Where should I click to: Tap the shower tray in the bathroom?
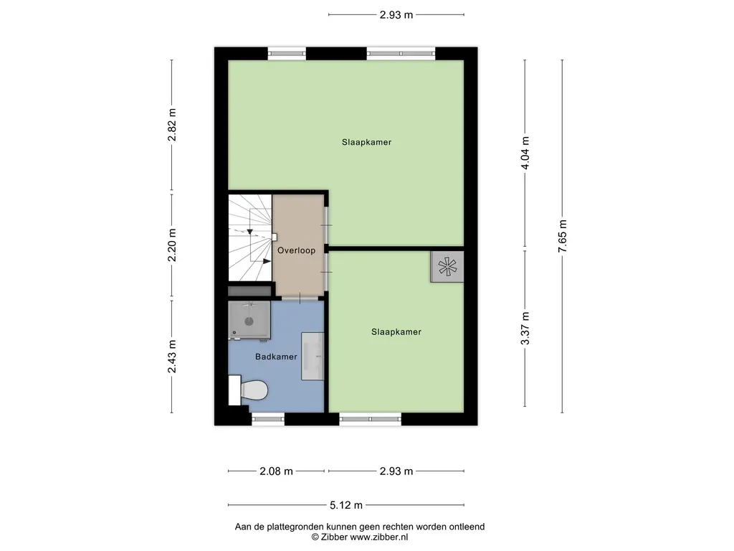(x=249, y=320)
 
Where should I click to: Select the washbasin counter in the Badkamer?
(x=313, y=356)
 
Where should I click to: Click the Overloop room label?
(x=296, y=250)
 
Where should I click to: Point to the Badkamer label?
(x=276, y=357)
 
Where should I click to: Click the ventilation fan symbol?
(x=447, y=267)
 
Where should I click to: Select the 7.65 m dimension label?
(x=562, y=236)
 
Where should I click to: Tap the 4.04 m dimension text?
(x=525, y=154)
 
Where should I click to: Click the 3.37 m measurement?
(x=525, y=329)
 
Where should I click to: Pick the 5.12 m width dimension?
(x=346, y=505)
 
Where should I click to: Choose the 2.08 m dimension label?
(x=276, y=471)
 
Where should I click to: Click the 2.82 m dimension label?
(x=172, y=125)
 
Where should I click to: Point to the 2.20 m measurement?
(x=172, y=245)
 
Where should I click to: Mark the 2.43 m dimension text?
(x=172, y=357)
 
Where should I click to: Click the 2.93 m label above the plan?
(x=396, y=14)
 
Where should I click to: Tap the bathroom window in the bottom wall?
(x=268, y=419)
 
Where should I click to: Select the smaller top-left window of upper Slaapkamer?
(x=287, y=53)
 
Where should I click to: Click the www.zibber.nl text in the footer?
(x=378, y=537)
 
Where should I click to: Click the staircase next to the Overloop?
(x=250, y=237)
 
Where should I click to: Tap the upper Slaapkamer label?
(x=366, y=142)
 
